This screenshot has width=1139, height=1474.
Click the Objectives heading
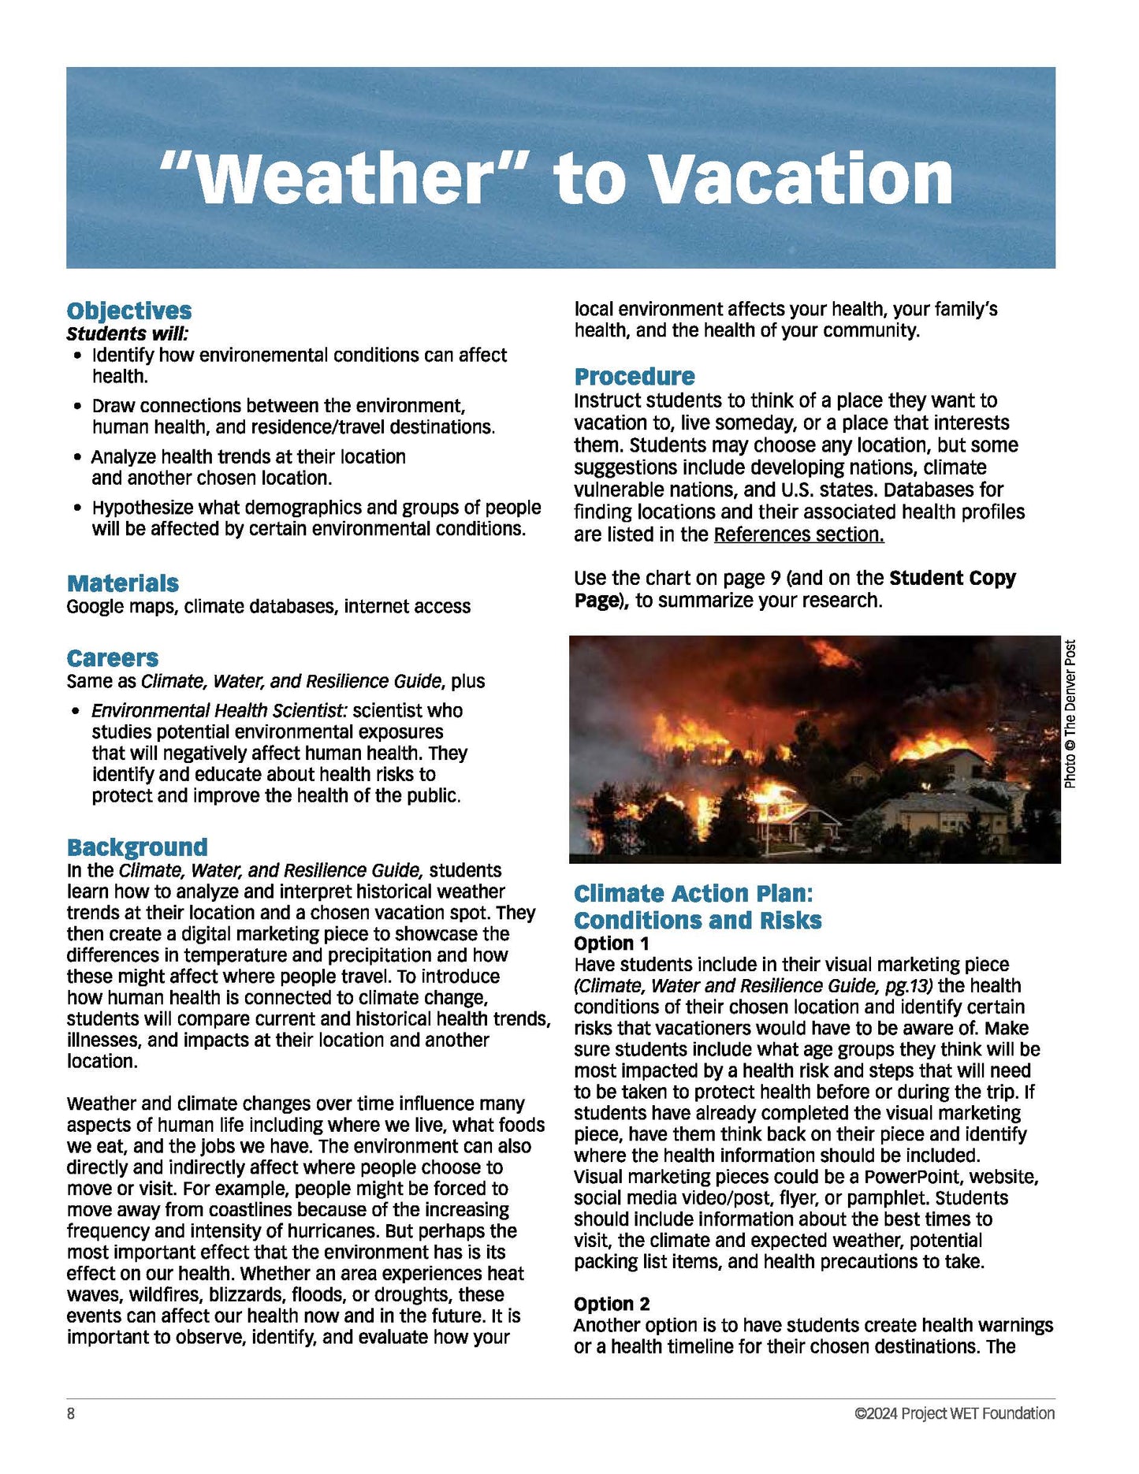[129, 311]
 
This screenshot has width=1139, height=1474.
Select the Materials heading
[123, 583]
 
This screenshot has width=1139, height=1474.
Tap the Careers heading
[113, 658]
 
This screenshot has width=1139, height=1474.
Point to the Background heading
[137, 847]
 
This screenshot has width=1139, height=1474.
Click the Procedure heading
[635, 376]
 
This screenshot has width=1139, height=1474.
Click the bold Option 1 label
[612, 944]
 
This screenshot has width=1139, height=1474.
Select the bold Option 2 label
[612, 1304]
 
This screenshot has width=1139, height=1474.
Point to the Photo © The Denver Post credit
[1070, 713]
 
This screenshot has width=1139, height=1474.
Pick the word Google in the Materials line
[95, 606]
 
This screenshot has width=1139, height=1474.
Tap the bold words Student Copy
[952, 578]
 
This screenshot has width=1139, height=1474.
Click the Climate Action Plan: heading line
[693, 893]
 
